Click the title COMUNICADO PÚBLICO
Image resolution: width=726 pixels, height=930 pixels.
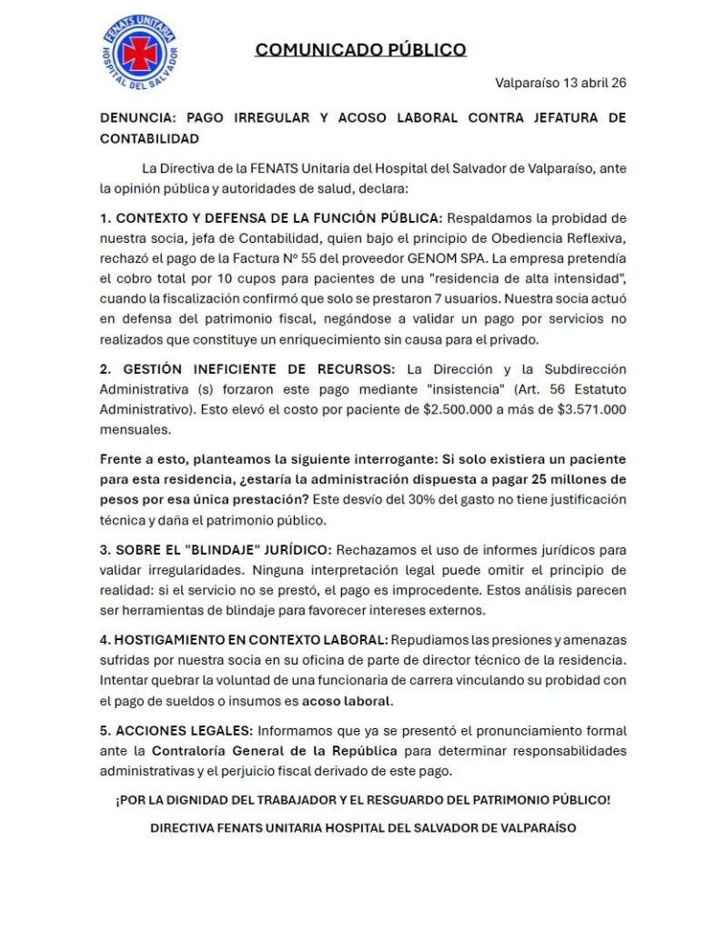[x=360, y=50]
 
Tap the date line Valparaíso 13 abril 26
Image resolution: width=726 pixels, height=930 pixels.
[x=560, y=83]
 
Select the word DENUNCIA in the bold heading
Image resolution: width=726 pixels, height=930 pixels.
[x=137, y=118]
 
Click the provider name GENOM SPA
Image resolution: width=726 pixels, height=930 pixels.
[x=456, y=257]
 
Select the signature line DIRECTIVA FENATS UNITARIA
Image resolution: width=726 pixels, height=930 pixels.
[x=362, y=828]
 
